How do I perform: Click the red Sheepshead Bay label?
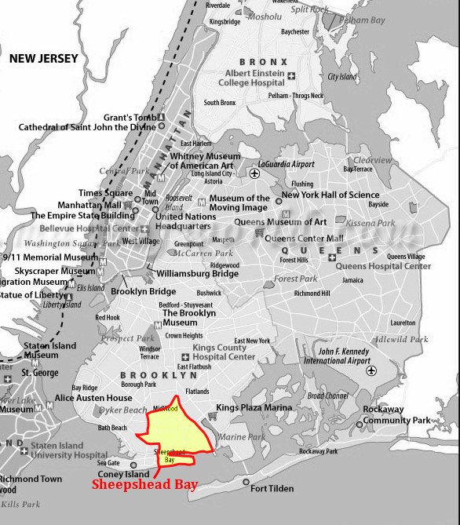click(x=144, y=485)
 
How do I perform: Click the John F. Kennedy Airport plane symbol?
click(x=371, y=370)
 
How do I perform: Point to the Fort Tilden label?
click(x=272, y=488)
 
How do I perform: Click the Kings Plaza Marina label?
click(x=255, y=407)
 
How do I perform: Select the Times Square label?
click(x=105, y=193)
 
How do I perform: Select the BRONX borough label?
click(x=263, y=61)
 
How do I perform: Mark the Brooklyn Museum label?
click(x=180, y=317)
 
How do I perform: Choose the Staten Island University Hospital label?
click(x=69, y=450)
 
